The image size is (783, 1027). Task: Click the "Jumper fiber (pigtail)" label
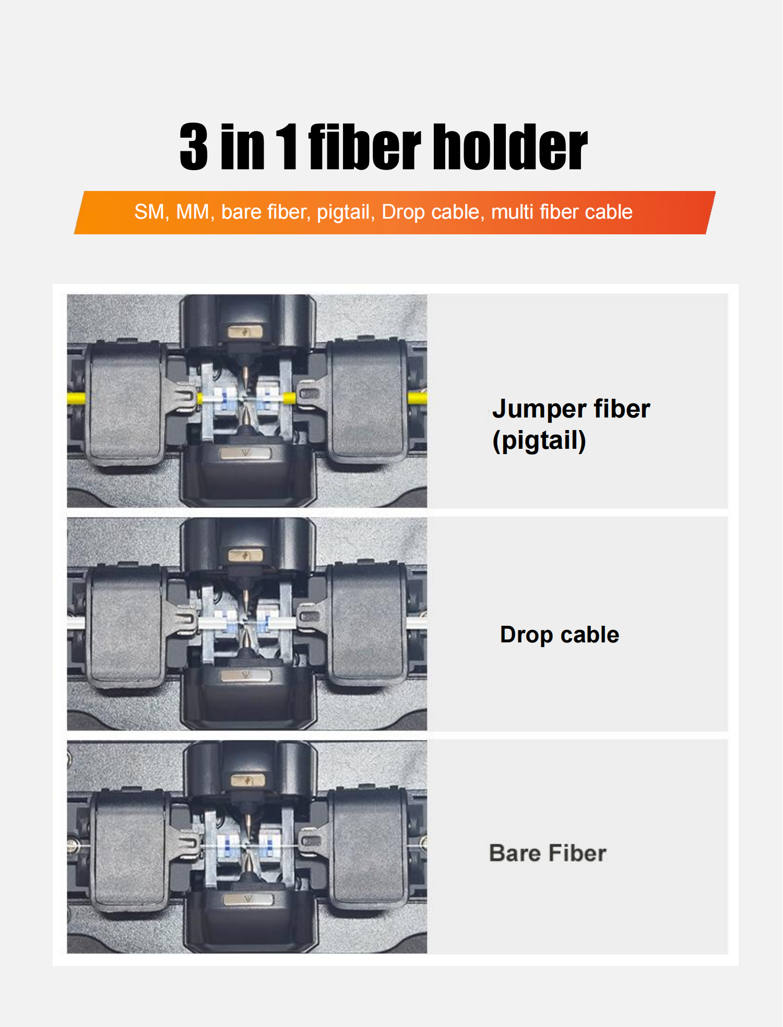point(571,424)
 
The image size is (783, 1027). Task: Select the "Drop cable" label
point(560,635)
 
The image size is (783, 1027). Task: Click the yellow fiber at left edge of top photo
point(76,398)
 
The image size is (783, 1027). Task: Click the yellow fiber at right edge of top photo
point(417,398)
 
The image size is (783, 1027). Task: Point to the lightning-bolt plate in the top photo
point(245,331)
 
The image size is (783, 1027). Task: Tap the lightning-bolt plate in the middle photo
point(245,555)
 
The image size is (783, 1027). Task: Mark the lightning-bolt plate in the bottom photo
point(248,781)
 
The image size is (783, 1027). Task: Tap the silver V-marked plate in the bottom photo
point(248,899)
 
